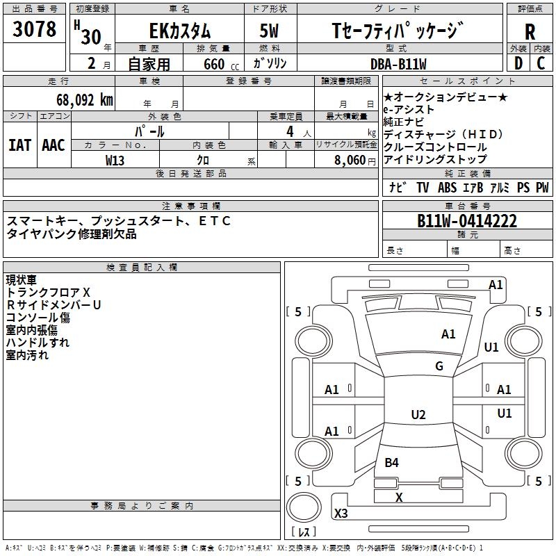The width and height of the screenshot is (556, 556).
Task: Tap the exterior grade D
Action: (x=518, y=63)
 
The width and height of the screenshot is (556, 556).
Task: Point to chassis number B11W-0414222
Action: (x=466, y=221)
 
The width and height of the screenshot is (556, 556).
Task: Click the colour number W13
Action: (x=115, y=160)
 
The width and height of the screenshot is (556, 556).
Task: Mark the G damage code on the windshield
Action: (x=439, y=366)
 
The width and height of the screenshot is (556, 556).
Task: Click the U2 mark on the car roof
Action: (x=418, y=415)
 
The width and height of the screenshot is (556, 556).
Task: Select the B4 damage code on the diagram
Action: (x=392, y=462)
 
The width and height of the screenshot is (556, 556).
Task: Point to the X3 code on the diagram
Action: (x=341, y=513)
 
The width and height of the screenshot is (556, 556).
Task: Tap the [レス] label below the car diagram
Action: (x=303, y=532)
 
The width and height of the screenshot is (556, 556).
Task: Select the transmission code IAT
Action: (x=19, y=145)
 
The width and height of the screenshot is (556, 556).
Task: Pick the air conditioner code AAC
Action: (x=53, y=145)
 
